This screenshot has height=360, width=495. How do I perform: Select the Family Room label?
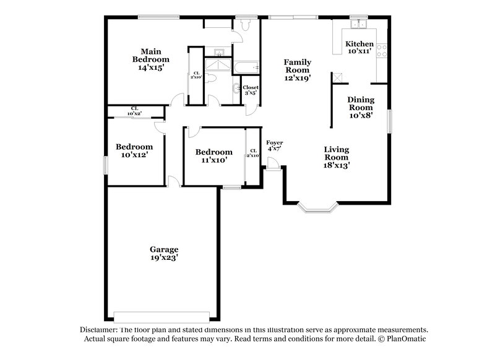tap(297, 70)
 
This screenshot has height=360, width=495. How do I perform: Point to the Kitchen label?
tap(359, 48)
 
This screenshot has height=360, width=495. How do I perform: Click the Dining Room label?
tap(360, 107)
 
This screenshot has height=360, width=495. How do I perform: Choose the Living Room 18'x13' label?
tap(337, 157)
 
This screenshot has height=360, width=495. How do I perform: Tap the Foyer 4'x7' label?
tap(275, 146)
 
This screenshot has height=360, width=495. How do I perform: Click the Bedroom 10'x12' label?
tap(134, 151)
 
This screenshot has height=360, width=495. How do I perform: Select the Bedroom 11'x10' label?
tap(213, 156)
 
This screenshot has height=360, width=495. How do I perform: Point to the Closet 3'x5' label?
tap(251, 90)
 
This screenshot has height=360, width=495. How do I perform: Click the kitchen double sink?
tap(358, 25)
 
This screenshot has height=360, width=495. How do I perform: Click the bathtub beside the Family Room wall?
tap(246, 67)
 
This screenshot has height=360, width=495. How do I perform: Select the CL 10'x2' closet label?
tap(134, 111)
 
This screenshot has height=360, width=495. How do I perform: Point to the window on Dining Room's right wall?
tap(390, 121)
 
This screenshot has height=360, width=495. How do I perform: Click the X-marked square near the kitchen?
tap(337, 77)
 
